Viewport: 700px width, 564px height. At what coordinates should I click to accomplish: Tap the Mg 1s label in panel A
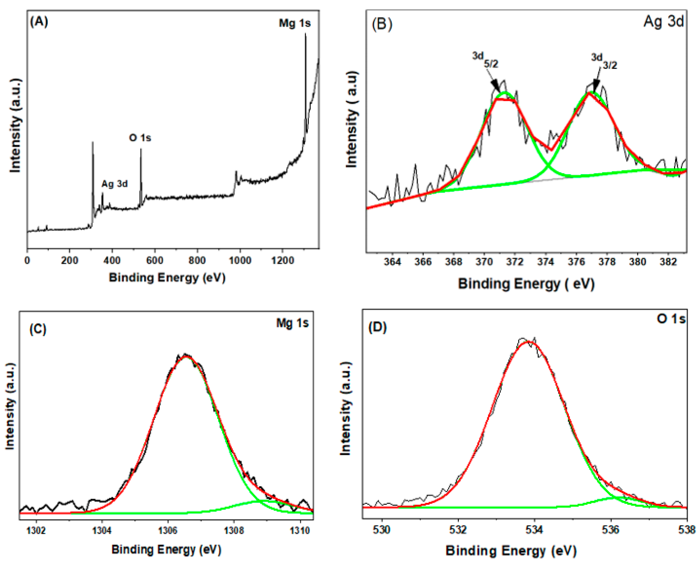tap(295, 23)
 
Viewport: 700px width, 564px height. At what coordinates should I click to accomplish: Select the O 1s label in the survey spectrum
tap(140, 138)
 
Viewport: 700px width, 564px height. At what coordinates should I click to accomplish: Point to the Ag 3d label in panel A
tap(115, 184)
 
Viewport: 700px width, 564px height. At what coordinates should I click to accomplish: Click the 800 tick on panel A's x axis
tap(197, 261)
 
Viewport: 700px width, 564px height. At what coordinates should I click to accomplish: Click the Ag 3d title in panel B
tap(664, 21)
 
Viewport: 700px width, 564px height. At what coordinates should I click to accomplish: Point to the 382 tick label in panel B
tap(668, 262)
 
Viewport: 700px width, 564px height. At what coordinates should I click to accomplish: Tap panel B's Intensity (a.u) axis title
tap(352, 119)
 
